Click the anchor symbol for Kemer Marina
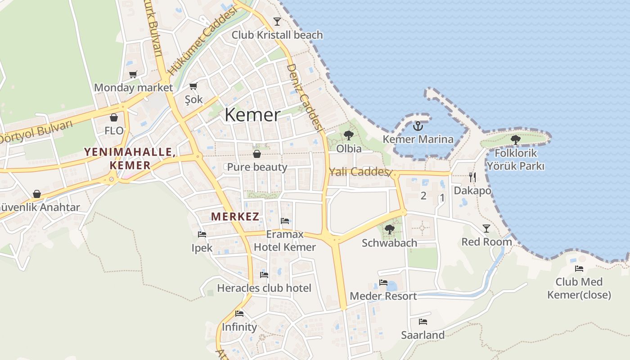[x=418, y=126]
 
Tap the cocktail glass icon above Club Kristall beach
[x=277, y=21]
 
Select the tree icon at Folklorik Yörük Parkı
[x=516, y=140]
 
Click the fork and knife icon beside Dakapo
[x=472, y=177]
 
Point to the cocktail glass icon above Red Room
[x=486, y=229]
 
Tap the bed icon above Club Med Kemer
[x=579, y=269]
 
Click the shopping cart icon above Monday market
[x=133, y=74]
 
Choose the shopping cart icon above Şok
[x=193, y=86]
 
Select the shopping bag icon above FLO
[x=114, y=117]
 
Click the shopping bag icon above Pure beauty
[x=257, y=154]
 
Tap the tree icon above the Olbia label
[x=348, y=135]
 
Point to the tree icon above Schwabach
[x=390, y=229]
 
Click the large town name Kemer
[x=252, y=115]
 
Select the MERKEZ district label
[x=235, y=216]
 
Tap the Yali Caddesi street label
[x=359, y=171]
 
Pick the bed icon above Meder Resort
[x=383, y=283]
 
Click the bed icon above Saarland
[x=423, y=321]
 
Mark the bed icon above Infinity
[x=239, y=314]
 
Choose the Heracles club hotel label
[x=264, y=288]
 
